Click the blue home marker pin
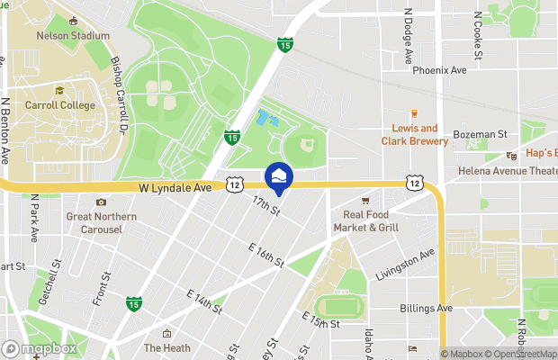coord(278,175)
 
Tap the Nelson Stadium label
coord(73,36)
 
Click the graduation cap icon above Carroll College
coord(58,90)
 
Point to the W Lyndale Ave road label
coord(175,188)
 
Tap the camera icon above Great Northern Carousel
coord(101,202)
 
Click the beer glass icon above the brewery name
coord(414,113)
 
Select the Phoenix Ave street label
coord(439,70)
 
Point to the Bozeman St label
coord(481,134)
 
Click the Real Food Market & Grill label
coord(370,220)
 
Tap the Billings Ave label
coord(426,308)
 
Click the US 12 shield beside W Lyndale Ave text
coord(234,184)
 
